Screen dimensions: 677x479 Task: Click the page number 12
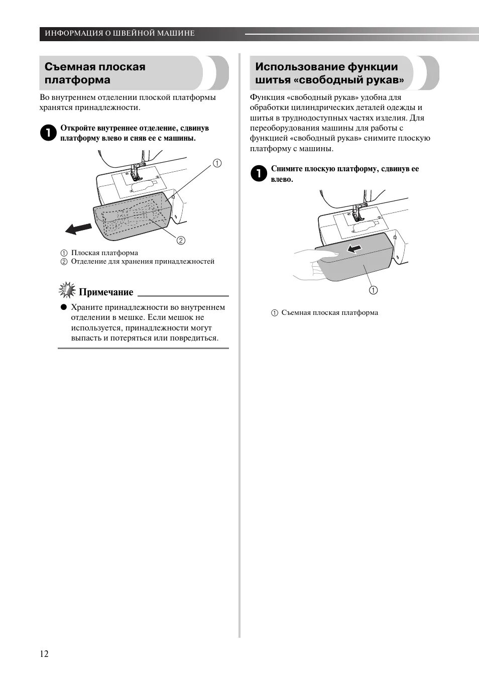click(44, 653)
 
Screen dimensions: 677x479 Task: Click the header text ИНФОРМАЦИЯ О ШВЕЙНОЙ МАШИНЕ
click(119, 33)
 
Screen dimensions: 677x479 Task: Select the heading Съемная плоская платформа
click(95, 73)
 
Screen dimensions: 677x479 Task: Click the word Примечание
click(106, 292)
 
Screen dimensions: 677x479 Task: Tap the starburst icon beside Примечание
click(67, 291)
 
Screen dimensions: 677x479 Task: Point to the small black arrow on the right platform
click(355, 248)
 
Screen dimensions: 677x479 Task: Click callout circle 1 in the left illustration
click(217, 163)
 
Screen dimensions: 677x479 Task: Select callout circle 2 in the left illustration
click(181, 240)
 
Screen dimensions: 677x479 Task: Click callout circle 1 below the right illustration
click(374, 290)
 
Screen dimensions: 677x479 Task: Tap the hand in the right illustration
click(305, 263)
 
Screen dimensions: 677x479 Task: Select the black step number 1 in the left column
click(48, 133)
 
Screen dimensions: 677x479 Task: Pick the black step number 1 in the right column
click(259, 174)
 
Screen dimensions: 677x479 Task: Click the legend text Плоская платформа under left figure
click(104, 253)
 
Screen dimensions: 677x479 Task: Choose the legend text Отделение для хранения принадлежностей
click(143, 261)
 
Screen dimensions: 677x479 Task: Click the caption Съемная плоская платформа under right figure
click(329, 312)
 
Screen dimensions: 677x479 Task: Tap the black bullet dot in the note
click(64, 307)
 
